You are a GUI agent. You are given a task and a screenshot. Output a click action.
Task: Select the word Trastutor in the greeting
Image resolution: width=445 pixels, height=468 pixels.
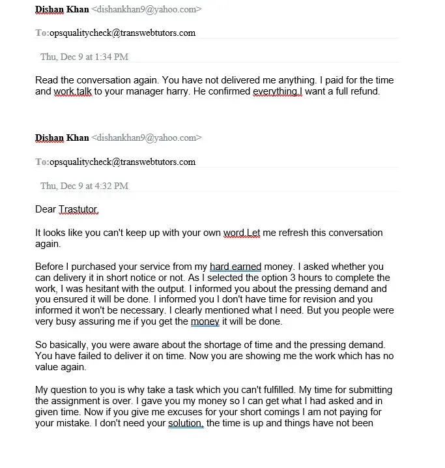[x=79, y=209]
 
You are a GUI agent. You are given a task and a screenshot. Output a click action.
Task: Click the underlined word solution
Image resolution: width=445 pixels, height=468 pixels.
[x=186, y=423]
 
